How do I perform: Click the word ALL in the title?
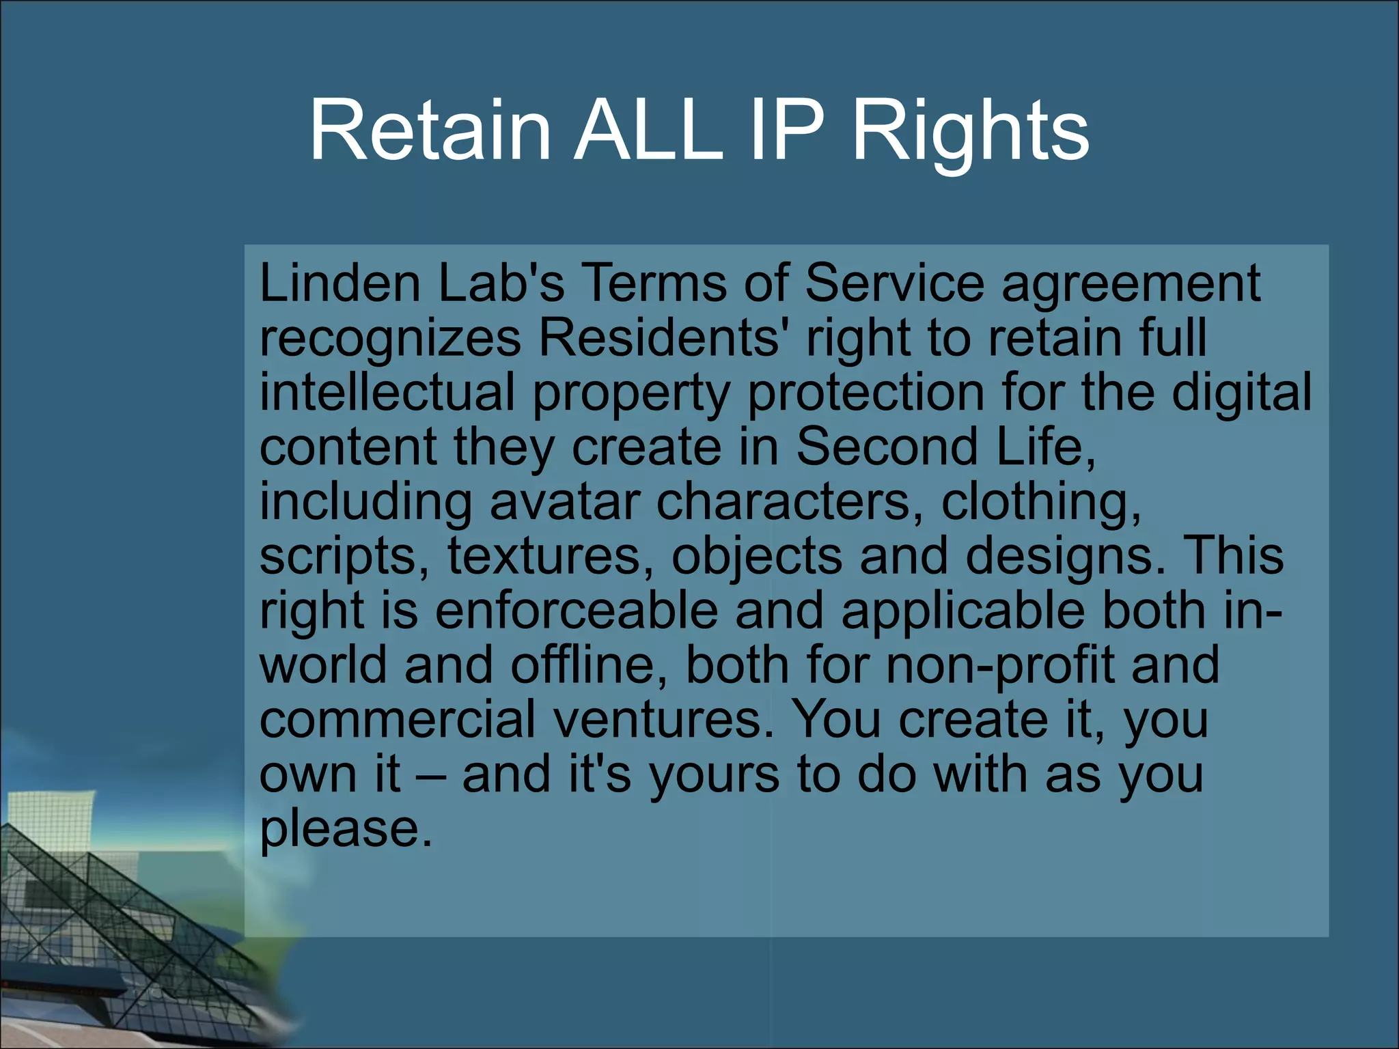pyautogui.click(x=648, y=130)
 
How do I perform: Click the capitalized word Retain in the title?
pyautogui.click(x=430, y=130)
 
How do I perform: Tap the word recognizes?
pyautogui.click(x=390, y=339)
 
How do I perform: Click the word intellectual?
pyautogui.click(x=387, y=393)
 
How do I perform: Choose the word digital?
pyautogui.click(x=1241, y=394)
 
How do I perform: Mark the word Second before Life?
pyautogui.click(x=887, y=447)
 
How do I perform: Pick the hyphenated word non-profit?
pyautogui.click(x=999, y=666)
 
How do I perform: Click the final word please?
pyautogui.click(x=346, y=831)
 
